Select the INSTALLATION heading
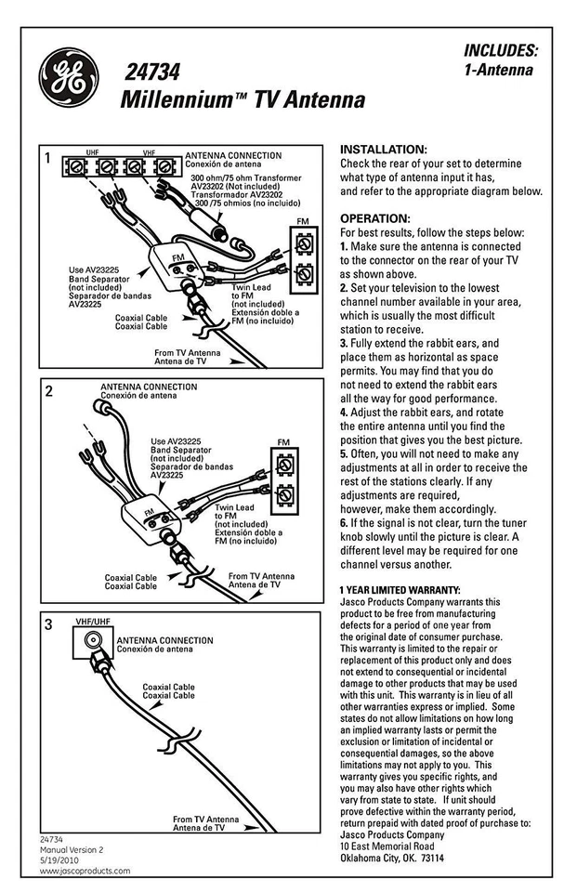click(384, 150)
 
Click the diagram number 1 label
click(47, 159)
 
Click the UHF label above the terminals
click(92, 151)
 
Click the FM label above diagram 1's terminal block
click(302, 221)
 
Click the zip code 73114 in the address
click(428, 858)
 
